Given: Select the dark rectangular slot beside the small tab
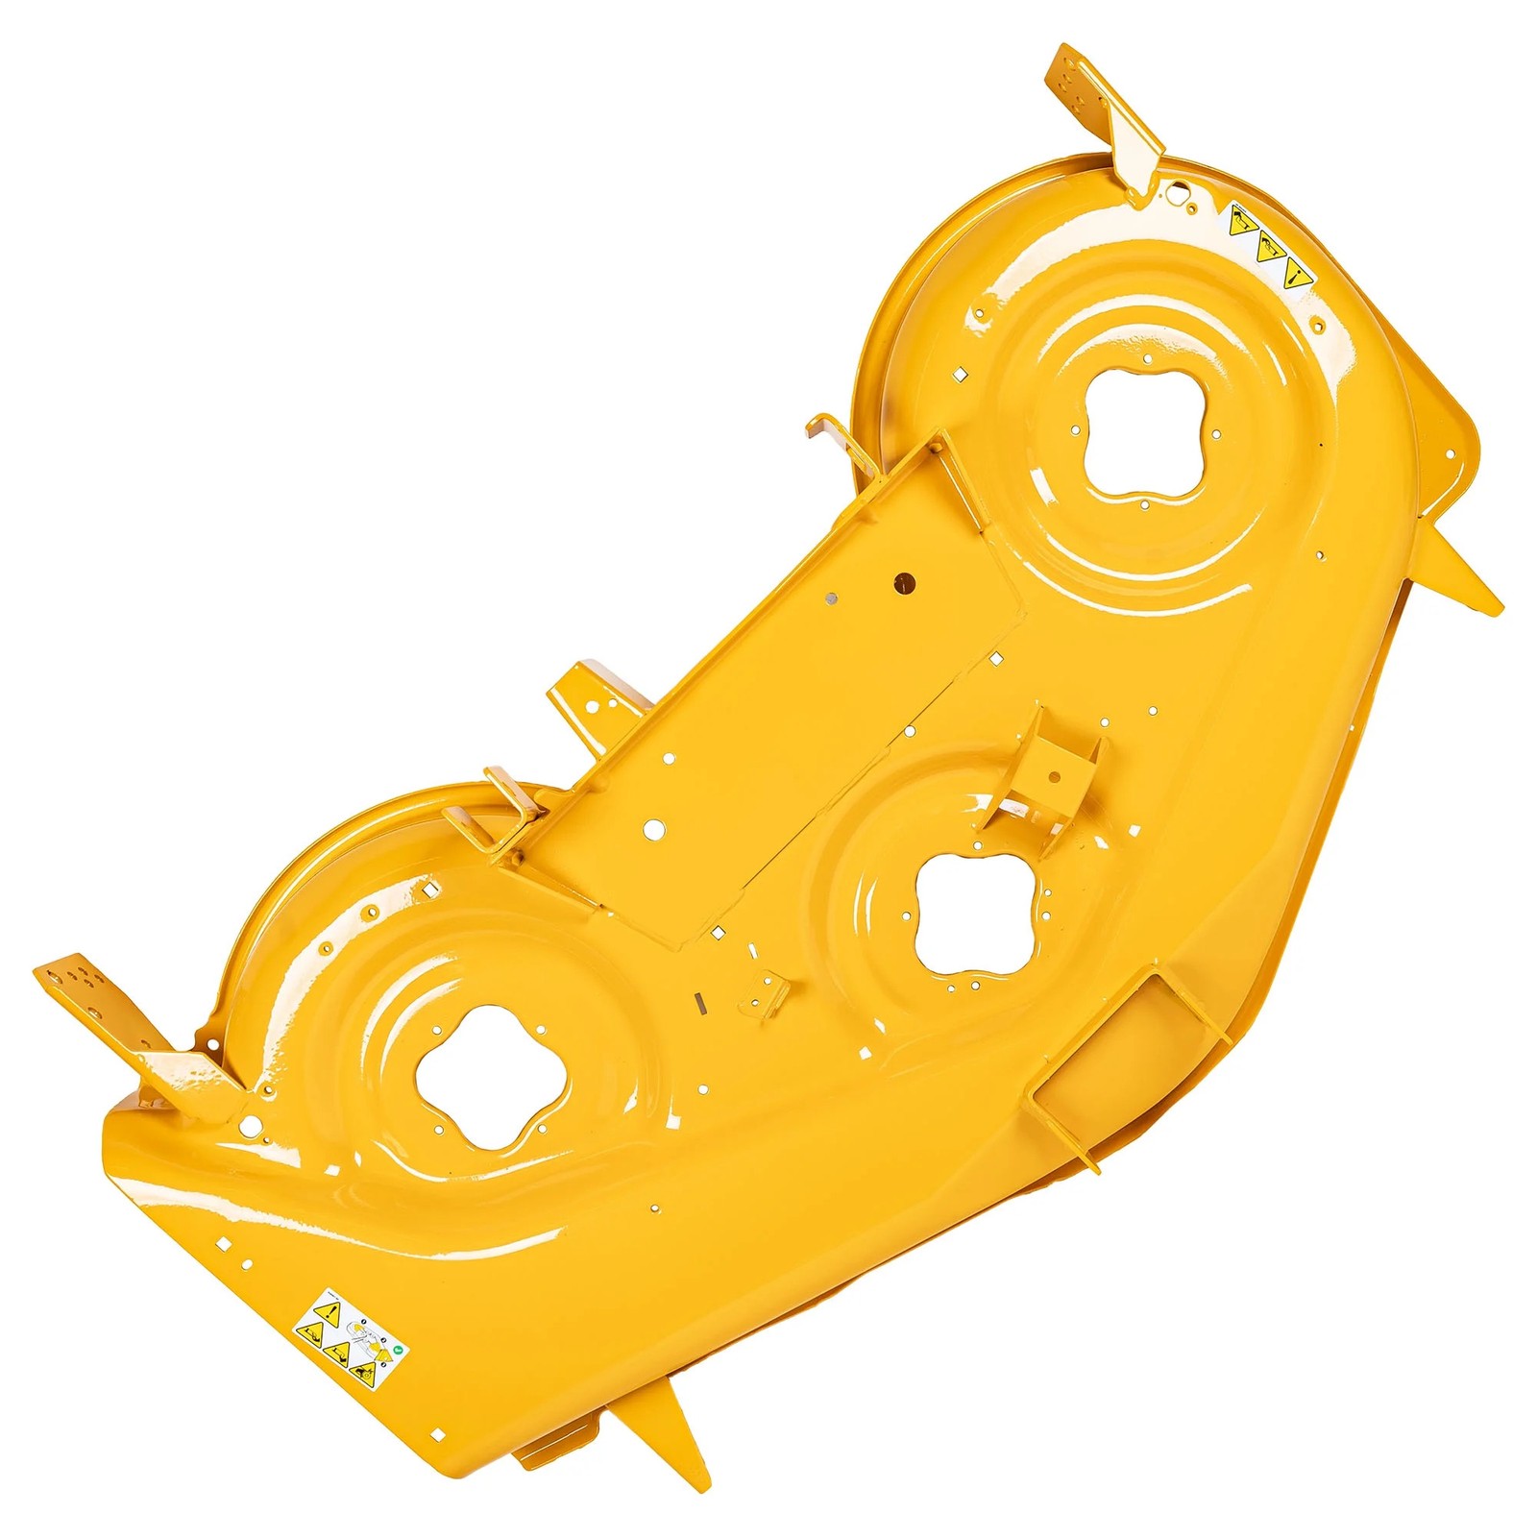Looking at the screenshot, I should [700, 1002].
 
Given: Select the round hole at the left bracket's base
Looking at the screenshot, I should [251, 1123].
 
